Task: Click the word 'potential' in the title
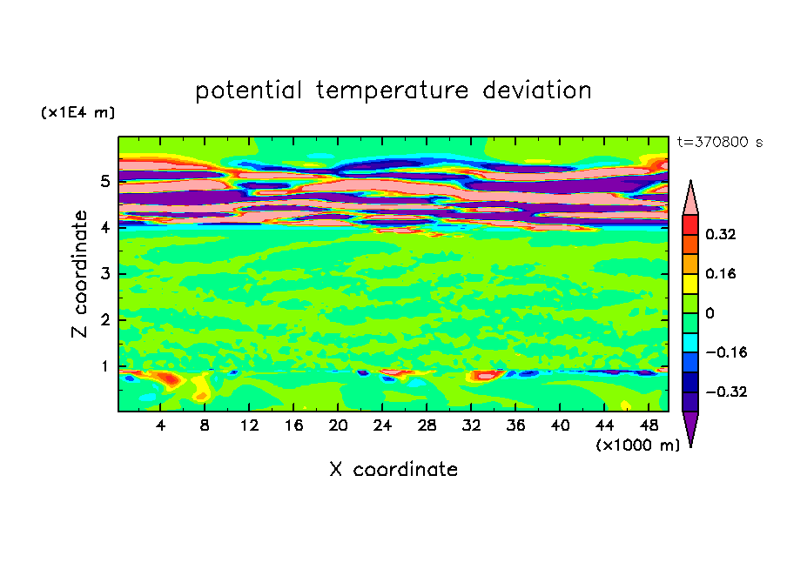[x=248, y=90]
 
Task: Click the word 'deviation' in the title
[x=537, y=90]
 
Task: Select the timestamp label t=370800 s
[x=720, y=143]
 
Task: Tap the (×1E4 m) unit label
[x=77, y=112]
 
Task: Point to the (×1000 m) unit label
[x=637, y=445]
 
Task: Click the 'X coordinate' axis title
[x=393, y=469]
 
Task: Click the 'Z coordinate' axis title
[x=79, y=274]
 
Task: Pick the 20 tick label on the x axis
[x=338, y=425]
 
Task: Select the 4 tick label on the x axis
[x=160, y=425]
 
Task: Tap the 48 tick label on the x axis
[x=649, y=425]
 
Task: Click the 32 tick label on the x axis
[x=471, y=425]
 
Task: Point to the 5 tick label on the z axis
[x=104, y=181]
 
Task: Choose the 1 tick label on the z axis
[x=104, y=366]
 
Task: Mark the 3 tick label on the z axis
[x=104, y=274]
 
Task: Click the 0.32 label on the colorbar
[x=720, y=234]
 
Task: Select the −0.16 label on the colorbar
[x=726, y=352]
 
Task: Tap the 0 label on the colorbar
[x=710, y=313]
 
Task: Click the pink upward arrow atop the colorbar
[x=690, y=197]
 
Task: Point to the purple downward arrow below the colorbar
[x=690, y=429]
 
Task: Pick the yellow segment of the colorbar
[x=690, y=284]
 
